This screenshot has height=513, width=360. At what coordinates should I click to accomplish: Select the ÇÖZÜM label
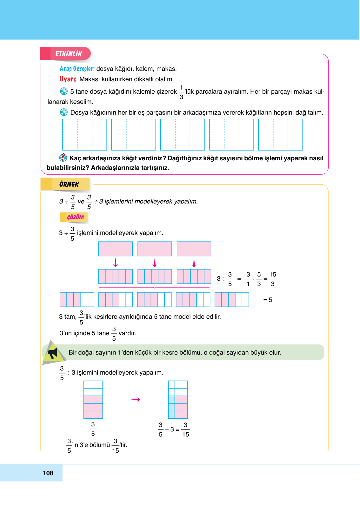(x=75, y=217)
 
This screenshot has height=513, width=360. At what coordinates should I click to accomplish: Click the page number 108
(x=48, y=473)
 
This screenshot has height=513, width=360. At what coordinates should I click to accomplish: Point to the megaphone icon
(x=53, y=353)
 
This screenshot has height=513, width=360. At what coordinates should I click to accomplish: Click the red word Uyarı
(x=68, y=79)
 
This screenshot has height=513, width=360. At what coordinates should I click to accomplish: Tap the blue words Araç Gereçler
(x=77, y=69)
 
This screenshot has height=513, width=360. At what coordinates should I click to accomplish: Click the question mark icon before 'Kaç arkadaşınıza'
(x=63, y=157)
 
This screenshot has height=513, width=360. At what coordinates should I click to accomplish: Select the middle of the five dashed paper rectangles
(x=183, y=135)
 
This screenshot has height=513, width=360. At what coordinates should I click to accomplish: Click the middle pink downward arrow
(x=155, y=263)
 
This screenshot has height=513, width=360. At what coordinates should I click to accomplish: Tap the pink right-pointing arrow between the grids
(x=136, y=400)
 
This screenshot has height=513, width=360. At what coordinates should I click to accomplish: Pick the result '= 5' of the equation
(x=268, y=300)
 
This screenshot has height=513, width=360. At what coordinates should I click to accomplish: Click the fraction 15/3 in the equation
(x=273, y=279)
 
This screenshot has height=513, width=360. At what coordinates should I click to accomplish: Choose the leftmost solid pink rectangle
(x=116, y=249)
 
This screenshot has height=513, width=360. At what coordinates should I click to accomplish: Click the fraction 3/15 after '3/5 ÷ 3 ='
(x=185, y=430)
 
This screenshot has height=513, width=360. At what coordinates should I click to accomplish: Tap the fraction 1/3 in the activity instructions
(x=181, y=92)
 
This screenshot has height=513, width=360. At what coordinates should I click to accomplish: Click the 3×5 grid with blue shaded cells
(x=178, y=400)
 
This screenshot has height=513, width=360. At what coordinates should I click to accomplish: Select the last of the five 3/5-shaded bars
(x=232, y=300)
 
